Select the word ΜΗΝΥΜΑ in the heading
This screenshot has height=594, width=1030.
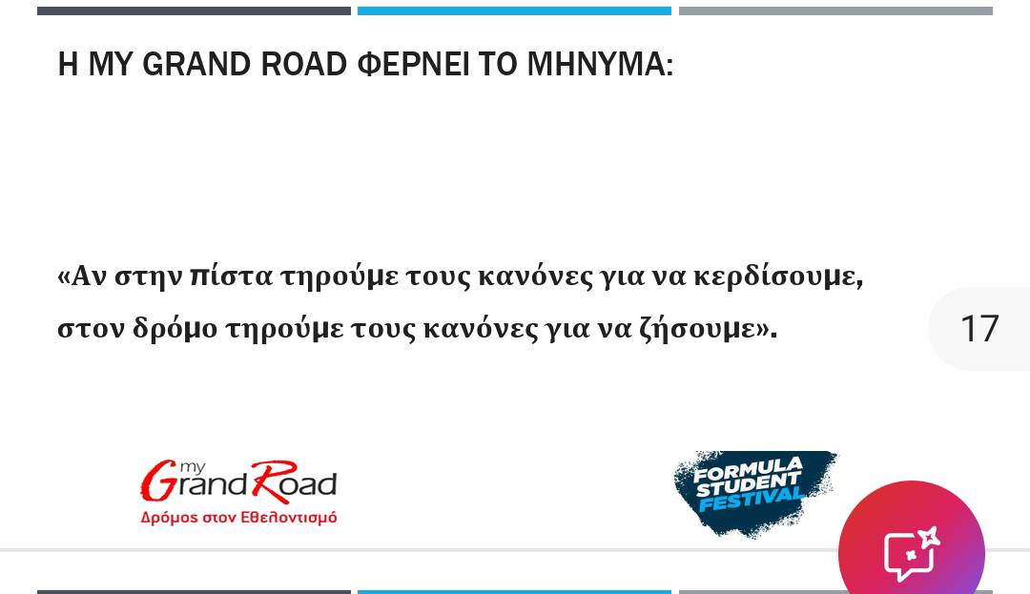point(601,65)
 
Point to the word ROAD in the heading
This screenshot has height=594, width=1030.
point(304,64)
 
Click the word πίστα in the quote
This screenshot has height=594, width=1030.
point(231,276)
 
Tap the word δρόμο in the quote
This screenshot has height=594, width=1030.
point(175,328)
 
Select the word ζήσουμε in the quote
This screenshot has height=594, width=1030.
point(708,328)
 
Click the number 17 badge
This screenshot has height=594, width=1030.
point(979,328)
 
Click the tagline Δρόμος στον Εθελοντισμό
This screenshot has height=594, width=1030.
point(239,517)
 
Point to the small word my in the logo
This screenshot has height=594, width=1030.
point(192,467)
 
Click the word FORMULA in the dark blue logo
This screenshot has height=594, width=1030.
point(748,469)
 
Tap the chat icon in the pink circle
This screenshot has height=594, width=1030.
point(912,553)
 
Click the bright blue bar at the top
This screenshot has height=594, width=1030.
point(514,11)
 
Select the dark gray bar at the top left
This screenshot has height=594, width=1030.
point(194,11)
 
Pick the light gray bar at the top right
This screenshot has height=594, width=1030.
point(835,11)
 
